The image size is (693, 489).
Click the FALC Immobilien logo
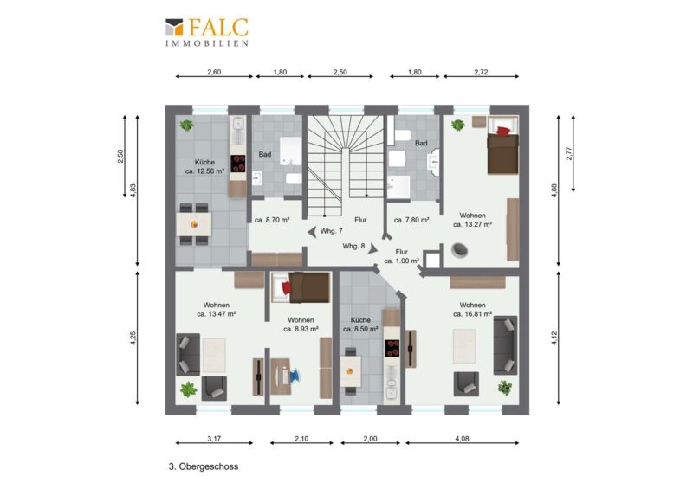click(207, 32)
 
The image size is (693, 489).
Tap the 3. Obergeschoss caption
click(204, 466)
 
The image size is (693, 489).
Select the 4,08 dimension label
click(462, 439)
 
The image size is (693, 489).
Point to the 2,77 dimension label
click(569, 153)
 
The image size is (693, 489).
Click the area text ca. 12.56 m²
click(204, 171)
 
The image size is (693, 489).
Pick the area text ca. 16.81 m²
click(472, 314)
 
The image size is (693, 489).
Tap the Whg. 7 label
click(332, 231)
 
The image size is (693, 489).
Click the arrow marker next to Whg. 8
click(372, 248)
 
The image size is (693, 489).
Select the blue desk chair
click(295, 376)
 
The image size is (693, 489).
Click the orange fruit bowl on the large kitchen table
click(194, 224)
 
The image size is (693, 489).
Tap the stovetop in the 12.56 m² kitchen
click(239, 164)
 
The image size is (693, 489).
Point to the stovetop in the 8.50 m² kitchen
click(392, 348)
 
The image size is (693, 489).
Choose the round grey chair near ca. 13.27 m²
click(460, 250)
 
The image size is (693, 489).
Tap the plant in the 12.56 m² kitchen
click(186, 125)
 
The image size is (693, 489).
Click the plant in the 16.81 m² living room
click(505, 388)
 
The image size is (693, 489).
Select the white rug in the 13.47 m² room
click(214, 356)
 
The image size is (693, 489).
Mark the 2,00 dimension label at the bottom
click(371, 439)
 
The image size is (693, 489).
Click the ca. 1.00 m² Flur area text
click(401, 261)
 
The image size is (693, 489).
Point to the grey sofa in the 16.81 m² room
click(505, 345)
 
